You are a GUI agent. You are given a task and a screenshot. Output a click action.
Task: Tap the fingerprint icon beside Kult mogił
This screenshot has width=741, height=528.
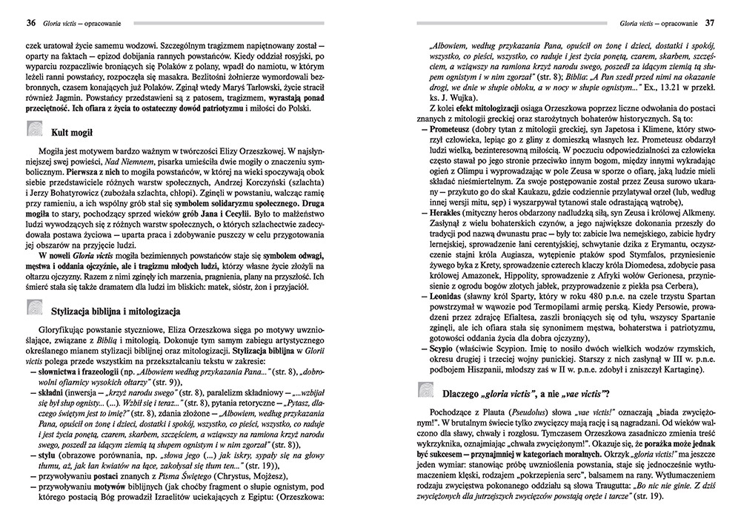click(x=35, y=131)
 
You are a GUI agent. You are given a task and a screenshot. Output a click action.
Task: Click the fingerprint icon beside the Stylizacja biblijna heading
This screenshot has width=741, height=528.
click(x=35, y=308)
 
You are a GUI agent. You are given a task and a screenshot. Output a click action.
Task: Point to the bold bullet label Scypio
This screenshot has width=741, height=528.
click(x=444, y=348)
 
